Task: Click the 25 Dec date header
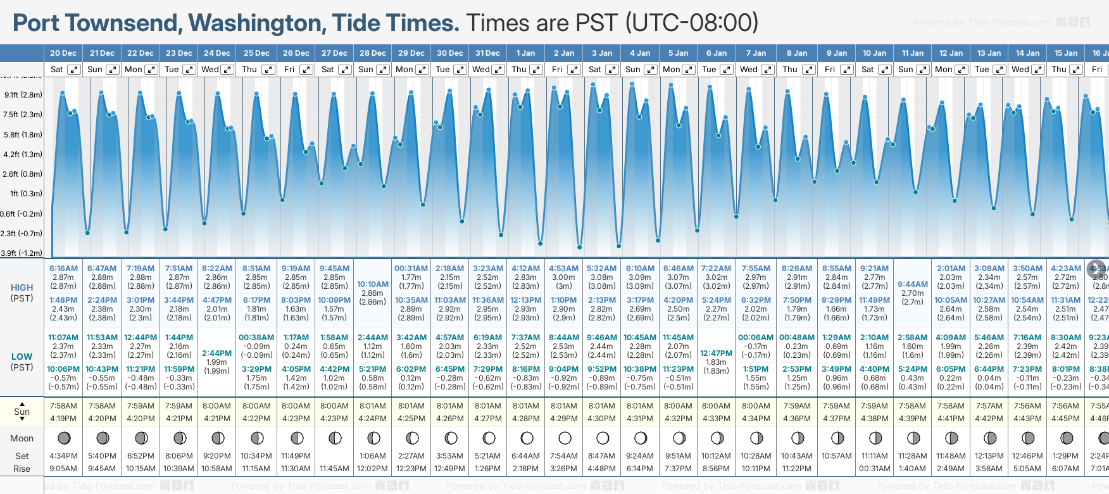(256, 53)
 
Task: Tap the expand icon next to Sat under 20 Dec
(74, 70)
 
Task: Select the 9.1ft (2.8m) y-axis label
(23, 95)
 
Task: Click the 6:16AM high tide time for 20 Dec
(63, 269)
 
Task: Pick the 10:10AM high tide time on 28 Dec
(373, 284)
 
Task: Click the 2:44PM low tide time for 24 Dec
(217, 353)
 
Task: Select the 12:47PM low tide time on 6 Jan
(717, 353)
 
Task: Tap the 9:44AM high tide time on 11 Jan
(913, 284)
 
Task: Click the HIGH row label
(22, 288)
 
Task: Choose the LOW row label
(22, 357)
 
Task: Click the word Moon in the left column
(22, 438)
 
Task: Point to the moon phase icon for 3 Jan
(603, 438)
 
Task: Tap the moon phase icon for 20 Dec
(63, 438)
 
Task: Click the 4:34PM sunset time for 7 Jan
(756, 419)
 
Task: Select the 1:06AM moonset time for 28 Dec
(373, 456)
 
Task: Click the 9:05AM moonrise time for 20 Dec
(63, 469)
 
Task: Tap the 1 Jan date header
(525, 53)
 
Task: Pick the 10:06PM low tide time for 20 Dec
(63, 369)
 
